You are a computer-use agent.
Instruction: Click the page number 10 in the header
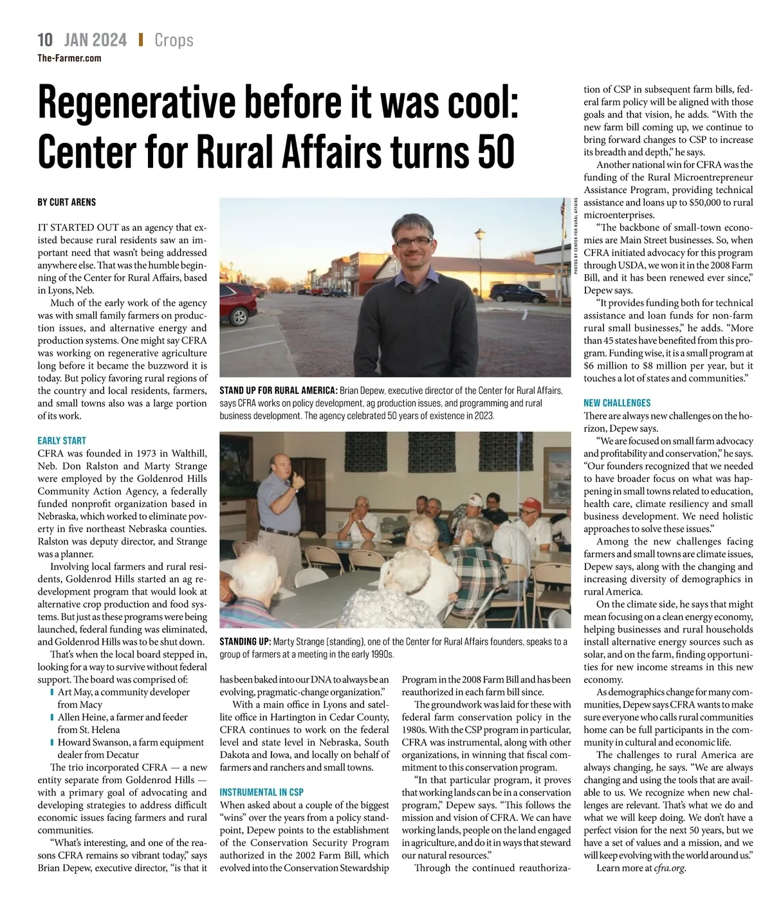[x=45, y=40]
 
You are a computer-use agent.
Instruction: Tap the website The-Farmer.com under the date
[x=69, y=58]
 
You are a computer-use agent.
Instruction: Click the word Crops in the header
[x=174, y=40]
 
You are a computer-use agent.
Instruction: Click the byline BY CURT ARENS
[x=66, y=202]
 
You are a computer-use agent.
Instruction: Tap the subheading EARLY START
[x=62, y=441]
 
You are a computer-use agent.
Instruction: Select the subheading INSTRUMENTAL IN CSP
[x=261, y=792]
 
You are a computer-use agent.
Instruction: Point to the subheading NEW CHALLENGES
[x=617, y=403]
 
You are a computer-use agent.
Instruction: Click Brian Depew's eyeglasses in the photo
[x=414, y=242]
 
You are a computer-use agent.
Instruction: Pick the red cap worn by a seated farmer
[x=529, y=503]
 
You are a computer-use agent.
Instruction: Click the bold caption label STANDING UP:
[x=244, y=641]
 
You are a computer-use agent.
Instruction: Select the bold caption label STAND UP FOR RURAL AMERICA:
[x=278, y=391]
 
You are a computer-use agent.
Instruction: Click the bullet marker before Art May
[x=52, y=692]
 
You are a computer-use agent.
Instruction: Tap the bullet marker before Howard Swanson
[x=52, y=743]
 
